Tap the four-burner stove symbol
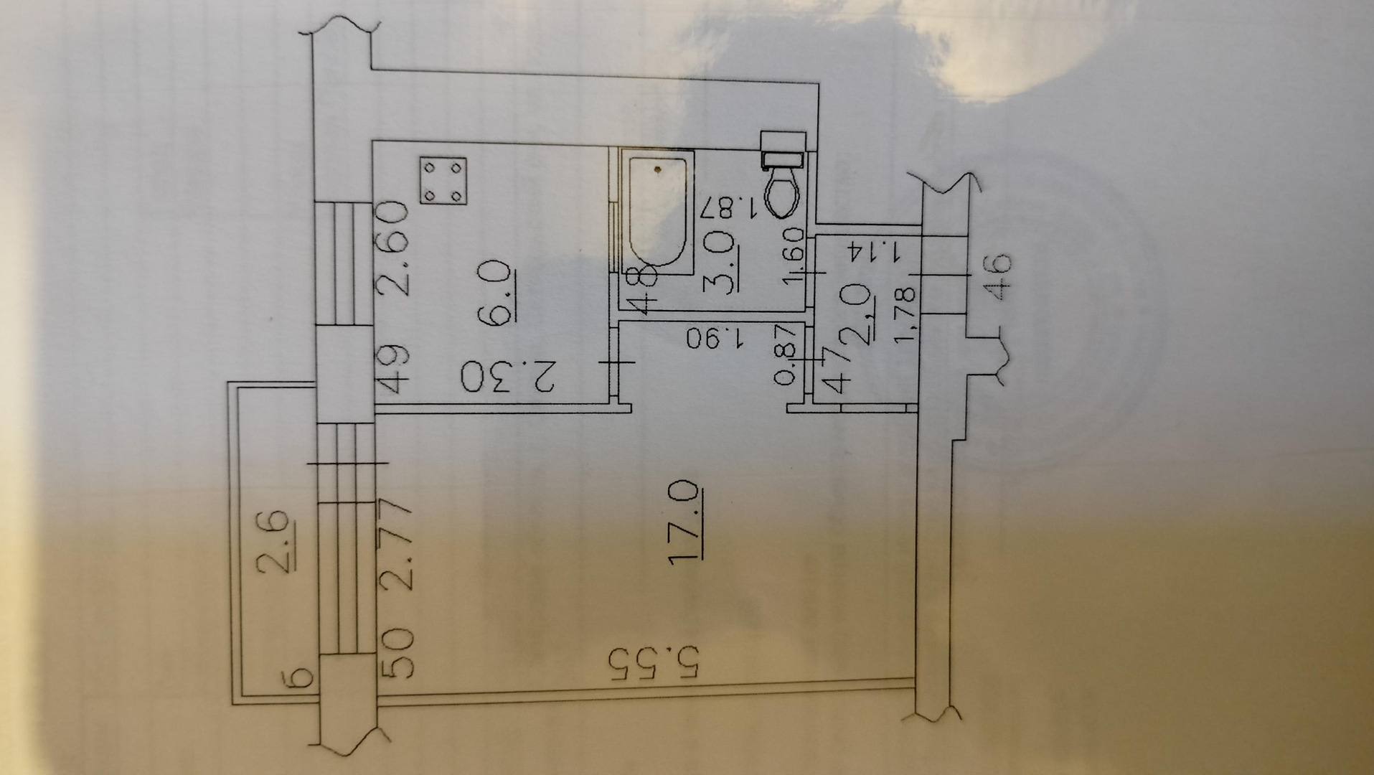pos(443,181)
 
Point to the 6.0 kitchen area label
pos(500,293)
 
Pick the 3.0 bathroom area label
pos(721,262)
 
